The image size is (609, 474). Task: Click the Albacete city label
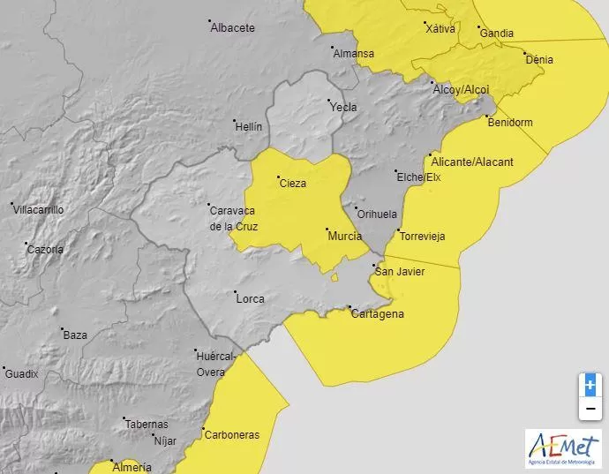pos(233,27)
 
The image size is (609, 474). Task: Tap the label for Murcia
pos(343,237)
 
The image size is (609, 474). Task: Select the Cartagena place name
pos(378,314)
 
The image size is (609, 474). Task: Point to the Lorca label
pos(250,298)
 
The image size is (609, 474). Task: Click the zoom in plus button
pos(590,386)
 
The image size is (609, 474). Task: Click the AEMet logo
pos(562,448)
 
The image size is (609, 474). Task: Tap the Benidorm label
pos(510,123)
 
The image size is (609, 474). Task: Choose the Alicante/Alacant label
pos(467,162)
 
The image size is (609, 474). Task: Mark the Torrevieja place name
pos(422,237)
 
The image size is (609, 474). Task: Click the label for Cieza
pos(292,184)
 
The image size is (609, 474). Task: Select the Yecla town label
pos(343,107)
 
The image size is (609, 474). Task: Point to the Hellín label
pos(249,126)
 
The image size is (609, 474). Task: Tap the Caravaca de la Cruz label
pos(232,217)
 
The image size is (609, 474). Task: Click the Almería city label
pos(132,466)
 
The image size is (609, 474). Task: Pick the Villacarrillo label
pos(38,209)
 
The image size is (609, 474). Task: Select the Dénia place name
pos(539,60)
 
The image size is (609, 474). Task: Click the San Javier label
pos(400,271)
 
